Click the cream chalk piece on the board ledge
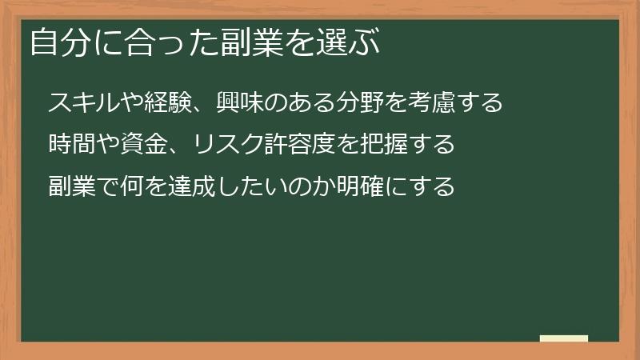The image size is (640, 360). pos(564,338)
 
